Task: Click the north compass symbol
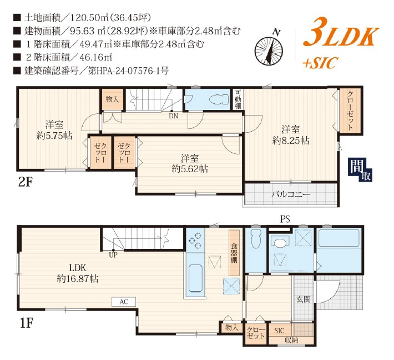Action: tap(269, 48)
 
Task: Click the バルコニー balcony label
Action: tap(290, 195)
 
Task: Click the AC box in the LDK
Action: tap(124, 302)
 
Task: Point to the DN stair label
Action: tap(174, 117)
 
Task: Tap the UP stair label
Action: tap(113, 256)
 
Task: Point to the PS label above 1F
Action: tap(284, 219)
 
